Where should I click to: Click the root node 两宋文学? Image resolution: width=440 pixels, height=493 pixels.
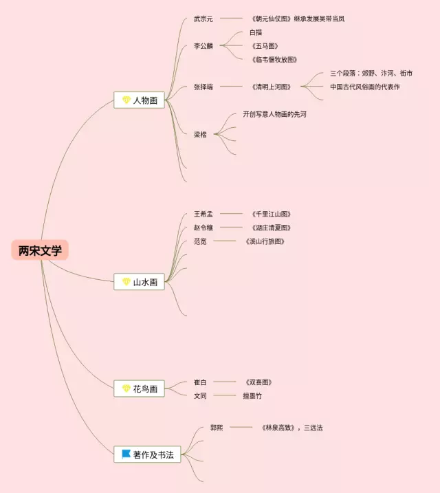40,251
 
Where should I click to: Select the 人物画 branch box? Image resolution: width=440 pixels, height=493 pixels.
140,100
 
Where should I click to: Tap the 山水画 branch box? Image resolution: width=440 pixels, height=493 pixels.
140,281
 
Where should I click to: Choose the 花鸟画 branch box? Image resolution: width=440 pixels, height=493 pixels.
140,388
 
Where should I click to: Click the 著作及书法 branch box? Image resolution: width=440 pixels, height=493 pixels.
147,454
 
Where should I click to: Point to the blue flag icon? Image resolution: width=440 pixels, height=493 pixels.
126,454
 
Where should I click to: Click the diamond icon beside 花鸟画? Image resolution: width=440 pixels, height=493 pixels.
126,388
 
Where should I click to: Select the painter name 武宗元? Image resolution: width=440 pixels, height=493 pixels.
203,19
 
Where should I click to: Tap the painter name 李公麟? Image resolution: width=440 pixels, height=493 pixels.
203,46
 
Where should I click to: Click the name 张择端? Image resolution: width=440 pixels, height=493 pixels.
203,87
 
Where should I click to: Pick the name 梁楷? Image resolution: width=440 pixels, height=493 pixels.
200,134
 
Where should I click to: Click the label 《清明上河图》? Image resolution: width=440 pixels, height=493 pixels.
272,87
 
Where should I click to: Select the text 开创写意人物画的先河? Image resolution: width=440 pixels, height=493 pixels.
274,114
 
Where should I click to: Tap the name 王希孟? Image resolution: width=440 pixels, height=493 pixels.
203,214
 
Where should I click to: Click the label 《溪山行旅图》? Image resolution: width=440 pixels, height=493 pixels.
265,241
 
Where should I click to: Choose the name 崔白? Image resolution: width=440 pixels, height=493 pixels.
200,382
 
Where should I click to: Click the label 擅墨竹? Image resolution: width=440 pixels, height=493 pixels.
252,395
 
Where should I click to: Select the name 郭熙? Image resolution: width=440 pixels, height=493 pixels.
217,427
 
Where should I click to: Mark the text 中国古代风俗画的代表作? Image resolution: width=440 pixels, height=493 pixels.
364,87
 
